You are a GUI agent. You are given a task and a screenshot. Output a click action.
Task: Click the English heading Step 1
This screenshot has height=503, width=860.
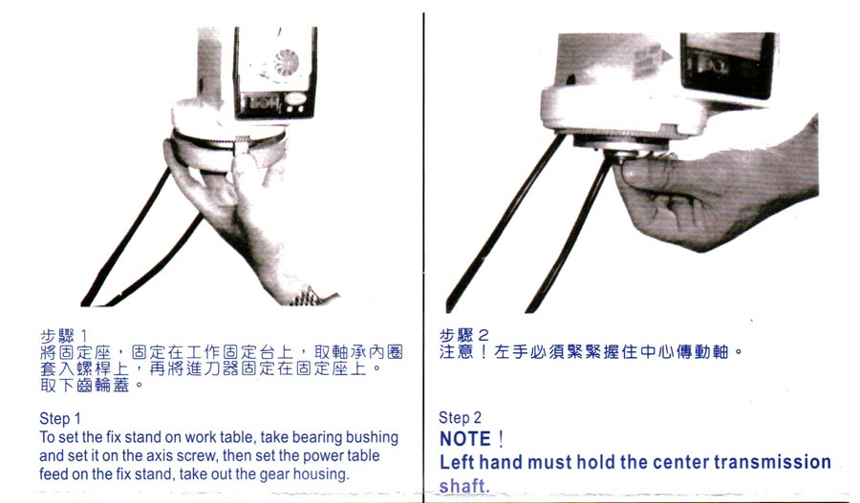60,419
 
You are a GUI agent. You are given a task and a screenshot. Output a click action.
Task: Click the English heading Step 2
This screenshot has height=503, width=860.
460,417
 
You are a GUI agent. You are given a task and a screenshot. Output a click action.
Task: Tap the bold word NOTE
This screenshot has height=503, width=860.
465,439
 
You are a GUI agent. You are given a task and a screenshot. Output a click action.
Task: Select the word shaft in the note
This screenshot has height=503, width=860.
462,486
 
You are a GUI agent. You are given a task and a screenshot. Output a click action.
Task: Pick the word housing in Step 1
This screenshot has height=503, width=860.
320,474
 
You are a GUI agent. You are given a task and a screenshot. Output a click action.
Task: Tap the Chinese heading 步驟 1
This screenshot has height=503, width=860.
63,335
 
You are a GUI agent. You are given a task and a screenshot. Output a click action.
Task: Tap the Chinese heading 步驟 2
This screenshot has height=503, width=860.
463,334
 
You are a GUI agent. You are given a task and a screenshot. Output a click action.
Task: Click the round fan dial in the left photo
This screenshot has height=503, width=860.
286,64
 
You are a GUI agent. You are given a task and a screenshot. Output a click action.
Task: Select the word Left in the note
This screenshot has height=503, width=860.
457,462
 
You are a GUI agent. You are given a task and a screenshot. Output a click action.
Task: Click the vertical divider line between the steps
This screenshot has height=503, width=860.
423,258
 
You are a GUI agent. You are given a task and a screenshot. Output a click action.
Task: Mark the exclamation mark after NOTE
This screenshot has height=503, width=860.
500,439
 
